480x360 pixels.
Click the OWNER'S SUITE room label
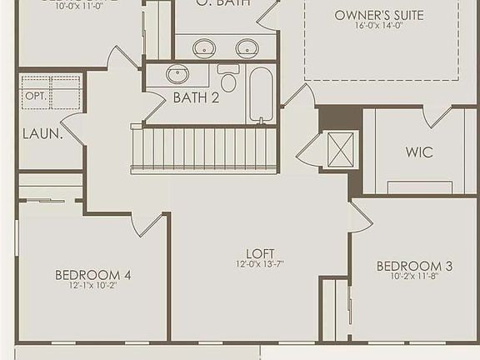(379, 15)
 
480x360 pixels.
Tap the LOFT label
(260, 253)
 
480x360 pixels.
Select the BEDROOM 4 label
(92, 274)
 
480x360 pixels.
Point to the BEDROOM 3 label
(414, 266)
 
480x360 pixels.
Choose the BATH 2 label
(196, 97)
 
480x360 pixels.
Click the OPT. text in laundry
(35, 96)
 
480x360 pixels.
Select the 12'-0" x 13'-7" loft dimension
(260, 265)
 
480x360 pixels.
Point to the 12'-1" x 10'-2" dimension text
(92, 285)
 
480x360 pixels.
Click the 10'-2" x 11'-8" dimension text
(414, 277)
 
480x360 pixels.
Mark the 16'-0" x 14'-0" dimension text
(379, 27)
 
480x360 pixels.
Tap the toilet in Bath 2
(228, 80)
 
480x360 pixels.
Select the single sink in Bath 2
(177, 74)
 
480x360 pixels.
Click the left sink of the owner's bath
(204, 47)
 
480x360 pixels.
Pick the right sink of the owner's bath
(247, 47)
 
